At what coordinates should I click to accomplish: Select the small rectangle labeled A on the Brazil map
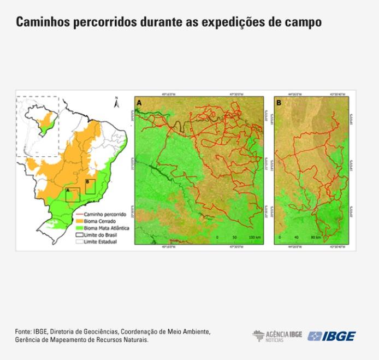(73, 194)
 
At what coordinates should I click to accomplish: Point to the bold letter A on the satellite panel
(140, 103)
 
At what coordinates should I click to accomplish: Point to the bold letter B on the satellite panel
(279, 102)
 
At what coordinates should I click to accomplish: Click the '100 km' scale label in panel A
(254, 238)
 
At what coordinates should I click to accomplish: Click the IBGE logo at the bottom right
(331, 336)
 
